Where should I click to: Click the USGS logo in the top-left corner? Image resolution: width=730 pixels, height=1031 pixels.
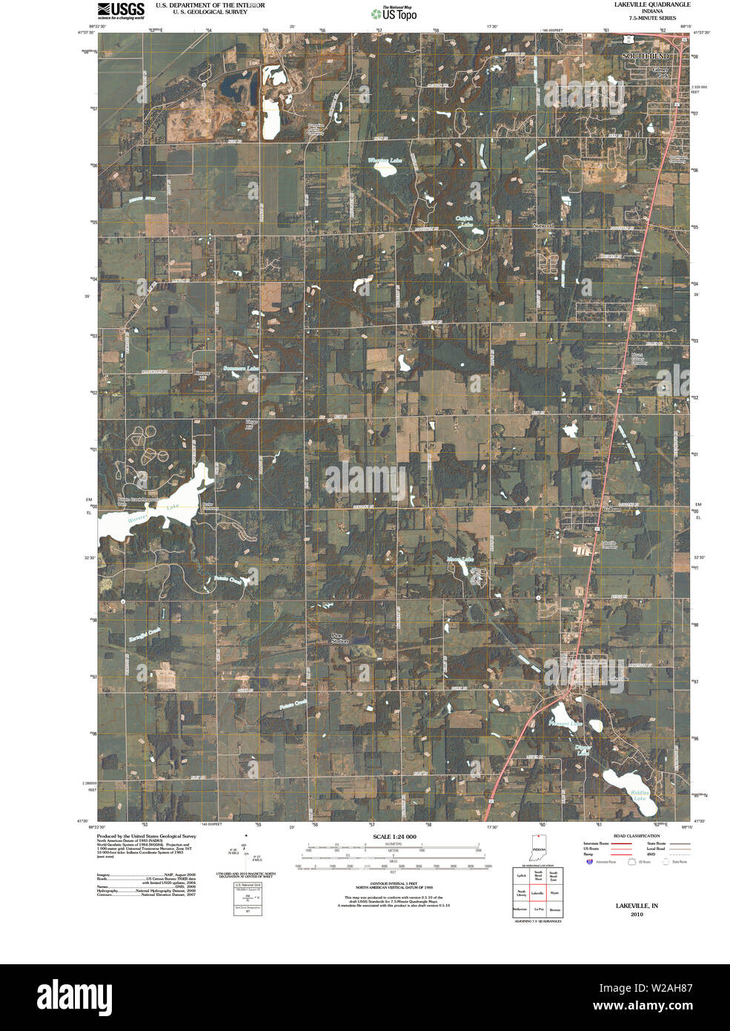(x=121, y=10)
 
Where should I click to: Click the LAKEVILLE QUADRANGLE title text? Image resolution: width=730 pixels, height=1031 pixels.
(x=652, y=4)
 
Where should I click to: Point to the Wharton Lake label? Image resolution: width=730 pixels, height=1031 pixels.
(x=385, y=160)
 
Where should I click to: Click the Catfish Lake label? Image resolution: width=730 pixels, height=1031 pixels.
(x=465, y=221)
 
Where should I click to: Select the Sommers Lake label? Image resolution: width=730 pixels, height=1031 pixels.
(x=242, y=369)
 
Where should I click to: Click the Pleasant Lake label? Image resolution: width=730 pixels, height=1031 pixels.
(x=565, y=722)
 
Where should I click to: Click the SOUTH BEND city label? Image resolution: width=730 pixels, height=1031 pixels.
(x=645, y=56)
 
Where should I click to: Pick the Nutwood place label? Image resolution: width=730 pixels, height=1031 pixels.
(x=543, y=224)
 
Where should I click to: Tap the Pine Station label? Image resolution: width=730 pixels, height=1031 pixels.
(x=339, y=638)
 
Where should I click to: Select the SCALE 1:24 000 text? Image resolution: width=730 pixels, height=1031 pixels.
(x=394, y=837)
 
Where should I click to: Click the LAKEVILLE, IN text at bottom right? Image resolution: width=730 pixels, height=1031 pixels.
(x=637, y=906)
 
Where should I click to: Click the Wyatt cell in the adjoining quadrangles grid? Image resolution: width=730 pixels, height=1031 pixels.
(x=554, y=894)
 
